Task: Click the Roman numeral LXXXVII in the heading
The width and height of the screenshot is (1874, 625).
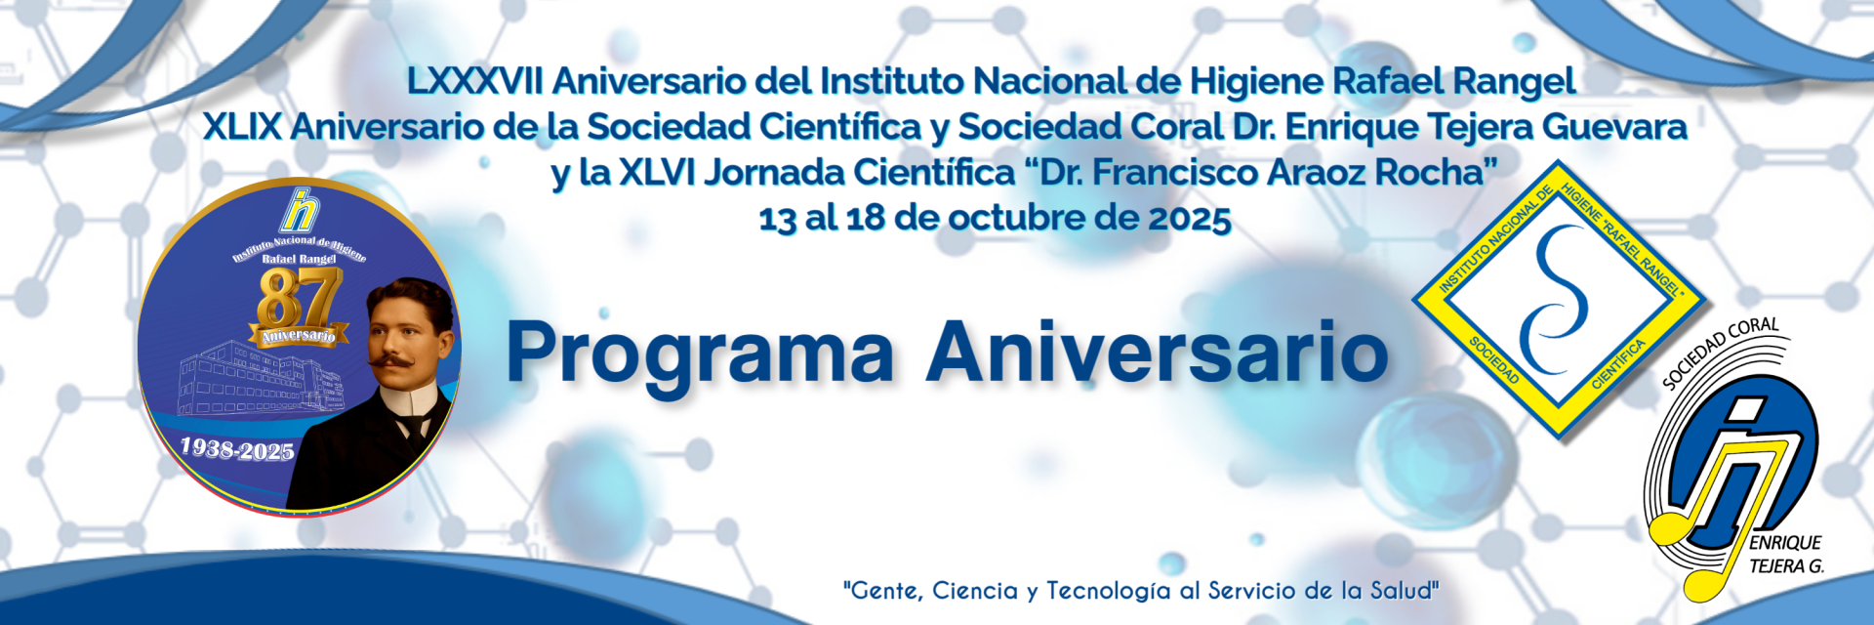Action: pyautogui.click(x=474, y=81)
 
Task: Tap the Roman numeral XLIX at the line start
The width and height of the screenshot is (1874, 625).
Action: pyautogui.click(x=242, y=127)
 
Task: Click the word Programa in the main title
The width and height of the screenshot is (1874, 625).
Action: pyautogui.click(x=700, y=354)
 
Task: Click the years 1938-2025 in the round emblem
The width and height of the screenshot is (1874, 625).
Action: pyautogui.click(x=237, y=449)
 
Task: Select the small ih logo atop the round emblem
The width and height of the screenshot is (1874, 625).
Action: pyautogui.click(x=300, y=210)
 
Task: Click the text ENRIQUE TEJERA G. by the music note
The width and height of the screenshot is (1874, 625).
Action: pyautogui.click(x=1786, y=555)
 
